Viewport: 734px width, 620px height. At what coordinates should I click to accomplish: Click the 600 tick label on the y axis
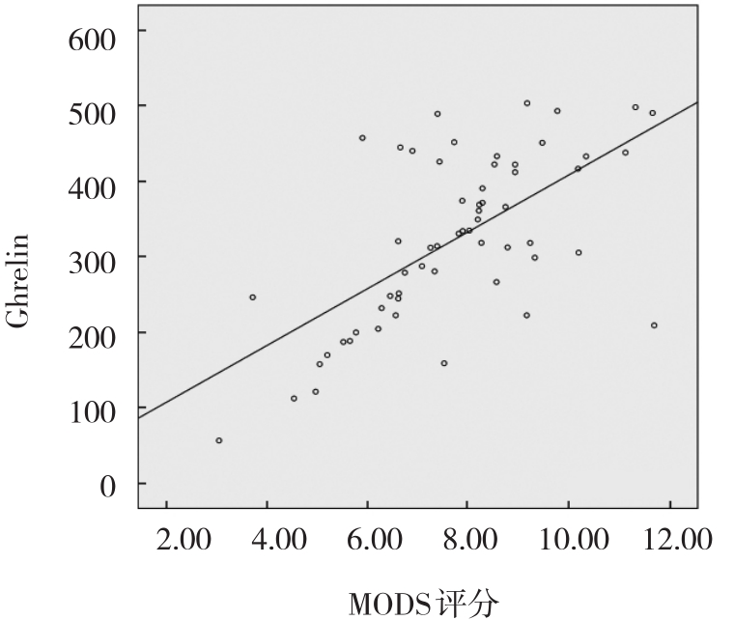(x=93, y=38)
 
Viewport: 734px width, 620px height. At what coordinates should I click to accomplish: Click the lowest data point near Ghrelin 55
(x=219, y=440)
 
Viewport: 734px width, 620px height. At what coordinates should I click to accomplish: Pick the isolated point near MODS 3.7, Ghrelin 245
(x=253, y=297)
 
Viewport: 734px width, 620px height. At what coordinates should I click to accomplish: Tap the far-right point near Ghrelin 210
(x=654, y=325)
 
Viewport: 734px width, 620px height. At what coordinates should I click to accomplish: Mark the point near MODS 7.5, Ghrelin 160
(x=444, y=363)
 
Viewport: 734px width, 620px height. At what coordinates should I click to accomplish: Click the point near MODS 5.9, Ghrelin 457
(x=362, y=138)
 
